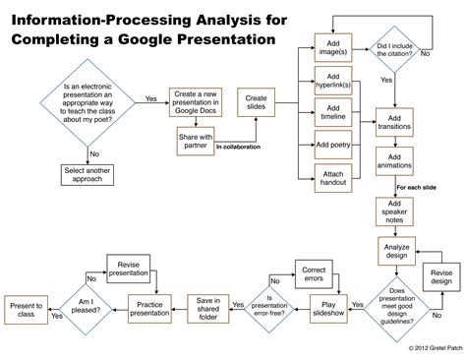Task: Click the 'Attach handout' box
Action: click(x=333, y=179)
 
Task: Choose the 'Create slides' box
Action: click(x=256, y=102)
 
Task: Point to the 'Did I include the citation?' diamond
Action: click(x=396, y=50)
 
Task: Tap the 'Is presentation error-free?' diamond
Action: click(x=270, y=307)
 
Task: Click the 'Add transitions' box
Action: click(x=394, y=123)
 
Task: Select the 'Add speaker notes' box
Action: click(x=394, y=212)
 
